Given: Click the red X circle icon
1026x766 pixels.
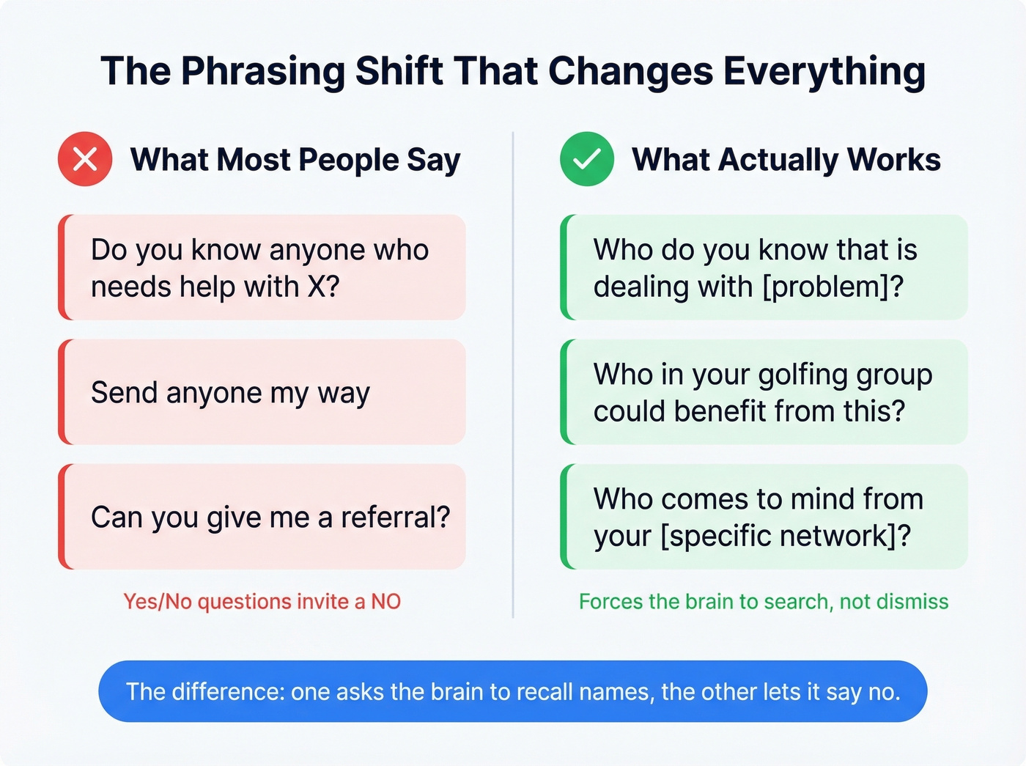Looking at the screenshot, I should [85, 159].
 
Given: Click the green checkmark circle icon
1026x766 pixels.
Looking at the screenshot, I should [587, 159].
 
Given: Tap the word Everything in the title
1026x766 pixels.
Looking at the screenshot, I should [824, 71].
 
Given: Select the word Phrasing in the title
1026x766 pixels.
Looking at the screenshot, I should [262, 71].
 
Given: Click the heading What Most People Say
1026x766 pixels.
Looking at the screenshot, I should [295, 160].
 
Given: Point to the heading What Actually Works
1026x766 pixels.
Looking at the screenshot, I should [786, 160].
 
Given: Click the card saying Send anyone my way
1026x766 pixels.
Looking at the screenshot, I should [262, 392].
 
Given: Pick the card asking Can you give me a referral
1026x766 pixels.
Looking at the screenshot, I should [262, 517].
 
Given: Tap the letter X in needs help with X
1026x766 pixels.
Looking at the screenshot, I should [317, 287].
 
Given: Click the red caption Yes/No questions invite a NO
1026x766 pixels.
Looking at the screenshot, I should [262, 602].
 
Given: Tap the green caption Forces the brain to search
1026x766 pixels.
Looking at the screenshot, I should [764, 602].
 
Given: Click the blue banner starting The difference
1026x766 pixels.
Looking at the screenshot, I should [513, 691].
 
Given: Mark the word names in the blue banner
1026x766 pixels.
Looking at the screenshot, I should [616, 692].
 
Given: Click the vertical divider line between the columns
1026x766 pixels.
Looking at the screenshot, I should [513, 374].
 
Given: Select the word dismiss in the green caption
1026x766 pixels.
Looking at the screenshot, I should [912, 602].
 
